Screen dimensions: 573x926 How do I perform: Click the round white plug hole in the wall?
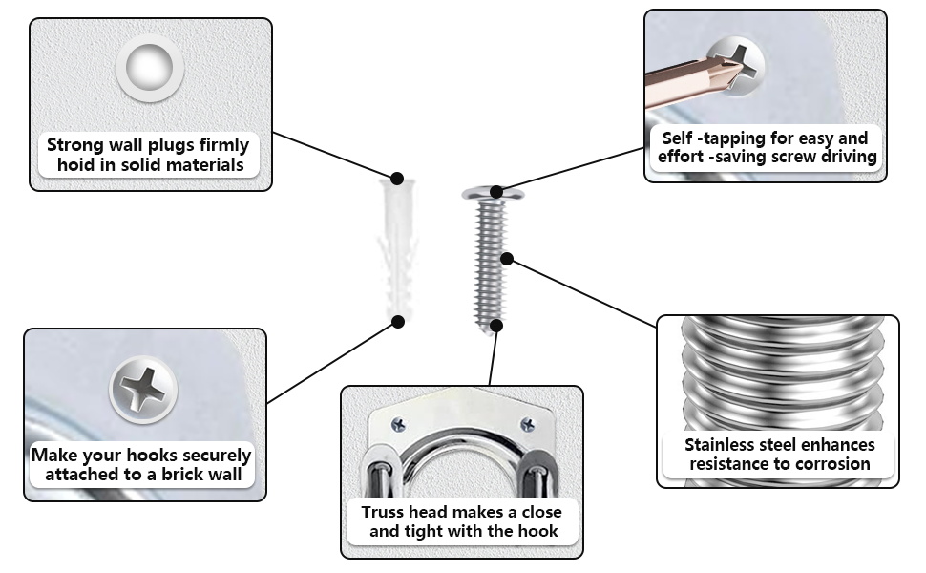[x=150, y=69]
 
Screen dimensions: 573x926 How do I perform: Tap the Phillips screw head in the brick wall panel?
[x=143, y=390]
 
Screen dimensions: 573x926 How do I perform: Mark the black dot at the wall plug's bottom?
[x=399, y=322]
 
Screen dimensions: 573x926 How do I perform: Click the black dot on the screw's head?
[x=495, y=192]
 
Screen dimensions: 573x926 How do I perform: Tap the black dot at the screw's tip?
[x=495, y=326]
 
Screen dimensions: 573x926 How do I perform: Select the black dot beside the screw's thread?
[x=508, y=258]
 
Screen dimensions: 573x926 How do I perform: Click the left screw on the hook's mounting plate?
[x=399, y=424]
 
